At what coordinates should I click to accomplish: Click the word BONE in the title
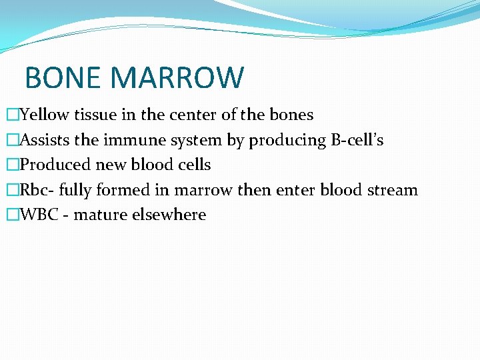[64, 77]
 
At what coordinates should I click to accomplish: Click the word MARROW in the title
[177, 77]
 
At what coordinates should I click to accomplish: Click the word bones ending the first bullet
[291, 115]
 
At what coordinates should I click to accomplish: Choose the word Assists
[45, 140]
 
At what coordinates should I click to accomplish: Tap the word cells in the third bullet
[192, 165]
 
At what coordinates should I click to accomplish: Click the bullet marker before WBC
[13, 215]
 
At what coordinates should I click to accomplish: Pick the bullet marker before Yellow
[13, 115]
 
